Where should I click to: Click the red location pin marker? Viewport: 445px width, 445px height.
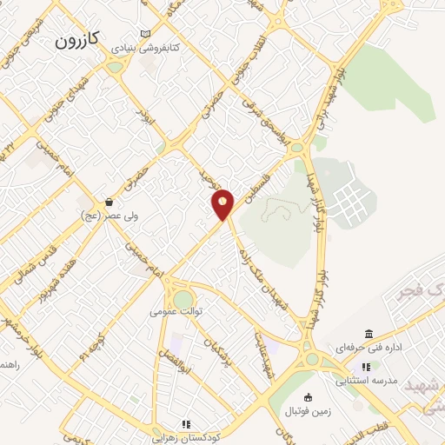pos(223,204)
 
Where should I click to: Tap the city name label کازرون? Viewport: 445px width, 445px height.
pos(78,38)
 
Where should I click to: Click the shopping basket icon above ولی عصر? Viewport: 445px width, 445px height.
pos(109,202)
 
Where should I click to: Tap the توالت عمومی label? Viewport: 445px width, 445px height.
pos(176,310)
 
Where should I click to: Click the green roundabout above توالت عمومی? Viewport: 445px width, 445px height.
pos(183,299)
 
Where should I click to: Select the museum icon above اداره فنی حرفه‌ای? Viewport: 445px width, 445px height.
pos(369,335)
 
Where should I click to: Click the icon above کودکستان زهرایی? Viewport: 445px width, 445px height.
pos(185,424)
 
